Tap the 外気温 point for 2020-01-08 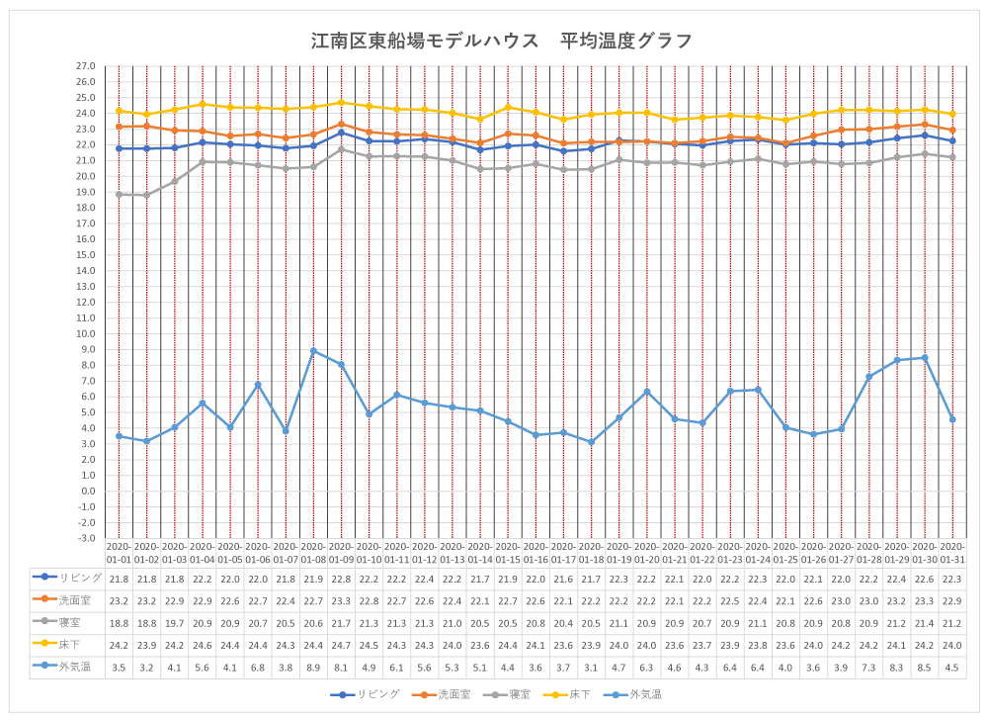tap(313, 351)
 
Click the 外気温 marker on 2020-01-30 tap(925, 358)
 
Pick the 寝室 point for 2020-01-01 tap(119, 195)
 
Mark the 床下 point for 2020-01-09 tap(341, 102)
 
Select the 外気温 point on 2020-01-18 tap(591, 442)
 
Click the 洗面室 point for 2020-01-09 tap(341, 125)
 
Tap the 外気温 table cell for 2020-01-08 tap(313, 667)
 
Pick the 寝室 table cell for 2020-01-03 tap(174, 622)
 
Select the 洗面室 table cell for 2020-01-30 tap(925, 599)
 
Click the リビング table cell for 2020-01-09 tap(341, 578)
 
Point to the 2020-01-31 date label tap(952, 552)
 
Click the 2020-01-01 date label tap(119, 552)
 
